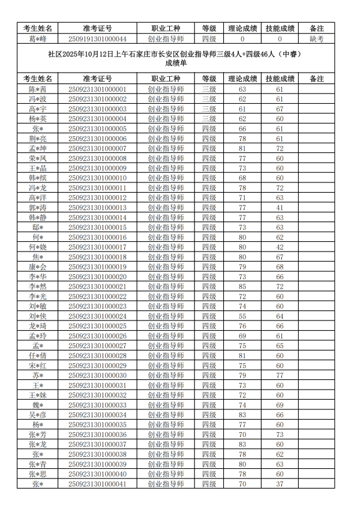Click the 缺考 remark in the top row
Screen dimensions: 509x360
(316, 38)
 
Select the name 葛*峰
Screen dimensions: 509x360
(37, 38)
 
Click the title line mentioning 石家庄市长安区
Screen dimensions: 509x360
(173, 54)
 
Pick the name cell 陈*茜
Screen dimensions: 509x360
(37, 89)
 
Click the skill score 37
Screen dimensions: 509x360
(280, 484)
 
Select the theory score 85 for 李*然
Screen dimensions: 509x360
(242, 287)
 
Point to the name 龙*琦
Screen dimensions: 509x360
(37, 326)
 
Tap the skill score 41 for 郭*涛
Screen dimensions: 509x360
(280, 208)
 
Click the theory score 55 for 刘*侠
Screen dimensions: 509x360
(242, 316)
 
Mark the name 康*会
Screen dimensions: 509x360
(37, 267)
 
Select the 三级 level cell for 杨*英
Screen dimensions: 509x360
(209, 119)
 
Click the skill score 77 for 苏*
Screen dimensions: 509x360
(280, 375)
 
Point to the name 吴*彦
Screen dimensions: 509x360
(37, 415)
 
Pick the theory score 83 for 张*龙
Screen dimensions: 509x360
(242, 445)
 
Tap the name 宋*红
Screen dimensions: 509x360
(37, 366)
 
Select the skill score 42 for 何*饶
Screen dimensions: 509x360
(280, 247)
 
